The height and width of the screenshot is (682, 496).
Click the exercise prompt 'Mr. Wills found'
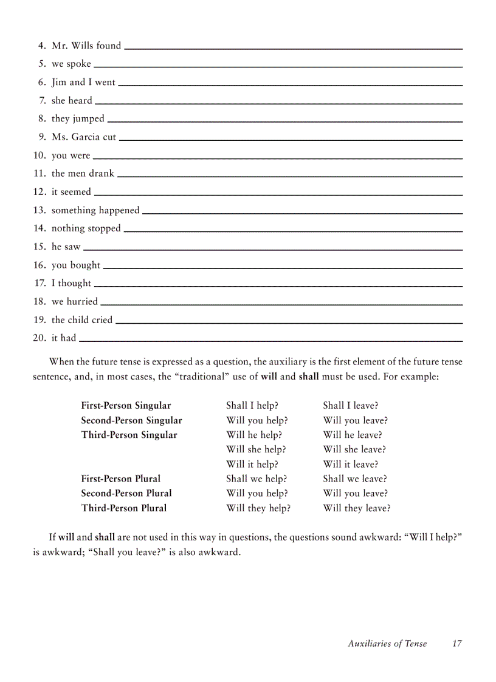[86, 46]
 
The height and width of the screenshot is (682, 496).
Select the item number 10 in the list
[40, 155]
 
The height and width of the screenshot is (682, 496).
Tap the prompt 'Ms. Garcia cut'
[84, 137]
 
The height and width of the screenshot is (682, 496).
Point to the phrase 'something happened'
[95, 210]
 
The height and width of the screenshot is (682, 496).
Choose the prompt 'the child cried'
[82, 320]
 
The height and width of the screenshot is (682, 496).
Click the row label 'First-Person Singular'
[126, 406]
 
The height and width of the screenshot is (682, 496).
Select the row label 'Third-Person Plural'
[124, 508]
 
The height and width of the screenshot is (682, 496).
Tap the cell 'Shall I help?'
[252, 406]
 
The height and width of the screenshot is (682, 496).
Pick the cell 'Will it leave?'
[351, 465]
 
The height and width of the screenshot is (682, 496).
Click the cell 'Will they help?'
[258, 508]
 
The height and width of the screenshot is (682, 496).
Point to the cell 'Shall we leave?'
[355, 479]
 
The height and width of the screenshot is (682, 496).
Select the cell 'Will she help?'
[256, 450]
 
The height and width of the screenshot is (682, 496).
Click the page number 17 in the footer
[457, 644]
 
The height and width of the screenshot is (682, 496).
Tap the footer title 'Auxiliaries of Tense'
[387, 644]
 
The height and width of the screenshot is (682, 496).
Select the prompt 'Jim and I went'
[83, 83]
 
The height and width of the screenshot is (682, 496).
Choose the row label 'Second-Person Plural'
[126, 494]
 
